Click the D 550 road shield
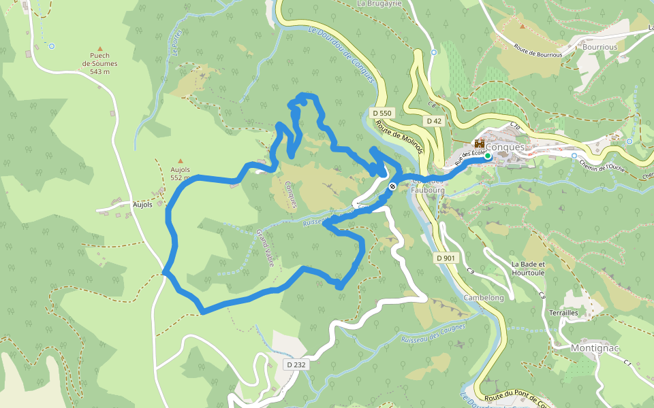point(382,112)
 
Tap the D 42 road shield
point(434,121)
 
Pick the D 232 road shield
point(296,364)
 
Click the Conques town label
point(507,147)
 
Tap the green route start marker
point(488,156)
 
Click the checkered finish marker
point(392,186)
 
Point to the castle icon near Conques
point(479,144)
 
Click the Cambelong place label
point(483,298)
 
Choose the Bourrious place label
point(599,48)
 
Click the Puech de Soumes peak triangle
point(99,49)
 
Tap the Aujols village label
point(141,204)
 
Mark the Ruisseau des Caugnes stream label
point(433,333)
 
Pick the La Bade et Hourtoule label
point(529,268)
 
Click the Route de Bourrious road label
point(538,51)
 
